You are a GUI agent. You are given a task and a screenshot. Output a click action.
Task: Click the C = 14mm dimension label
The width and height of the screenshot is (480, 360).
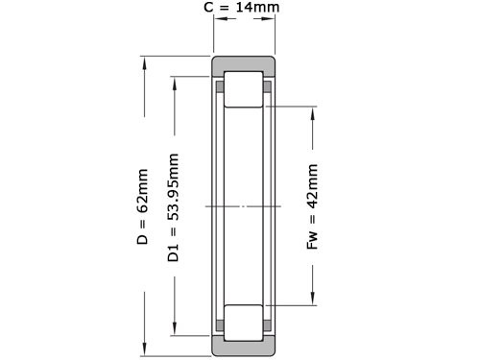click(x=245, y=10)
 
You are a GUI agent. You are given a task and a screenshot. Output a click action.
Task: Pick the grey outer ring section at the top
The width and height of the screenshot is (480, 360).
click(x=245, y=64)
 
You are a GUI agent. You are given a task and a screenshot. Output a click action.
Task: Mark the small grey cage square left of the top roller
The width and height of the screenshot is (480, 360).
click(x=220, y=87)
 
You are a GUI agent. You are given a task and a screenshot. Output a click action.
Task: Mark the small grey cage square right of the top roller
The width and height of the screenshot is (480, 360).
click(x=268, y=87)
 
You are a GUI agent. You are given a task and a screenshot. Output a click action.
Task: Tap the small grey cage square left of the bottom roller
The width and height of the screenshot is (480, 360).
click(x=220, y=327)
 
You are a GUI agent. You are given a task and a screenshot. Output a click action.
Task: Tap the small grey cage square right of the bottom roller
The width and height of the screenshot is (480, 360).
click(x=268, y=327)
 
